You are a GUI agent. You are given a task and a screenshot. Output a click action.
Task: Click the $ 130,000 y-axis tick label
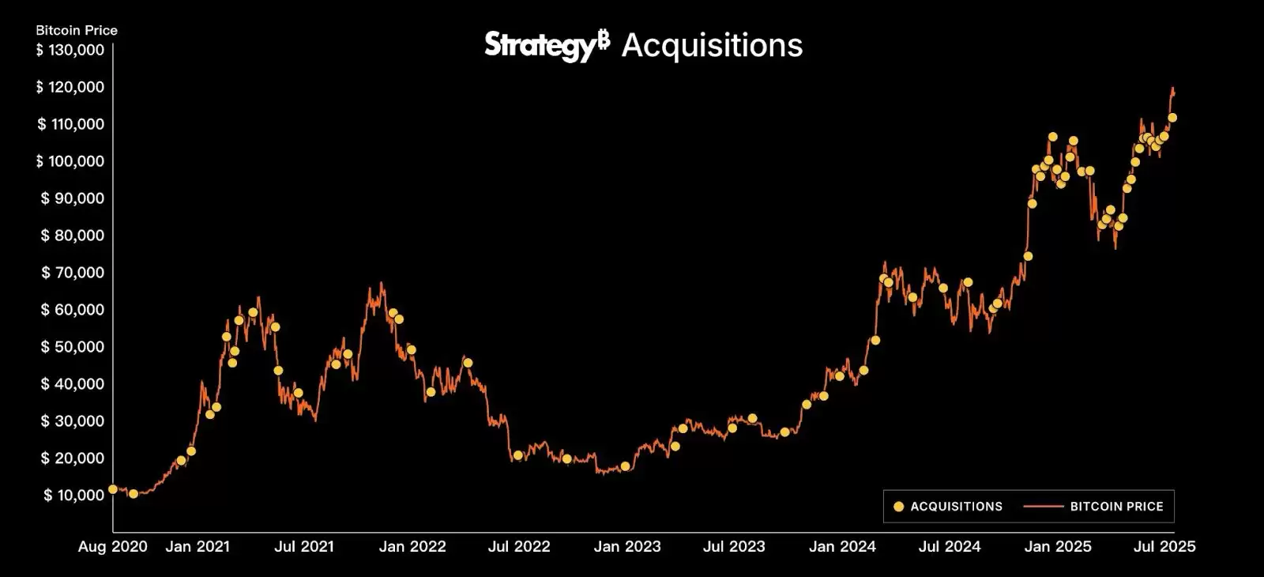[x=70, y=50]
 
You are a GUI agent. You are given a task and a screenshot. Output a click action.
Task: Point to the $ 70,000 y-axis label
[x=72, y=273]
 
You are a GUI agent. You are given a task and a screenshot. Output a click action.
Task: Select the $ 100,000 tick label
[x=70, y=161]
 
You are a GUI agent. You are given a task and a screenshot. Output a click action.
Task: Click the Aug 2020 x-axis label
[x=112, y=546]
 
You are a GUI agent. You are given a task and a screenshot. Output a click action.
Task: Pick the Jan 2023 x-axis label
[x=627, y=546]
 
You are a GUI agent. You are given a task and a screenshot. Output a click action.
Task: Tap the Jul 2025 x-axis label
[x=1164, y=546]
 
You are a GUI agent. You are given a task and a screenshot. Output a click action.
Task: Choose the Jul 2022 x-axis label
[x=519, y=546]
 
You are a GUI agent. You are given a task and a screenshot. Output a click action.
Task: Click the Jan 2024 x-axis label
[x=842, y=546]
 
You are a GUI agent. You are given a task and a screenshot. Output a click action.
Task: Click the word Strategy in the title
[x=539, y=45]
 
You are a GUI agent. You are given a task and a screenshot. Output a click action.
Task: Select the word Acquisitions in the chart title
[x=712, y=45]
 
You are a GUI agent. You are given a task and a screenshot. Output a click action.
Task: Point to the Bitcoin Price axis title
[x=77, y=30]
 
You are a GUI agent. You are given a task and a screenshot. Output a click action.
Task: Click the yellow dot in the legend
[x=898, y=507]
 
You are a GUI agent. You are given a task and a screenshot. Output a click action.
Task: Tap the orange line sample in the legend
[x=1043, y=507]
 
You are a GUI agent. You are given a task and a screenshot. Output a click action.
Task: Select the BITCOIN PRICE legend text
[x=1116, y=507]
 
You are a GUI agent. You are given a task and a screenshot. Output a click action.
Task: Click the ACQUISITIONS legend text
[x=956, y=507]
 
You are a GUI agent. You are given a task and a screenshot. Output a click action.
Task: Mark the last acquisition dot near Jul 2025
[x=1172, y=118]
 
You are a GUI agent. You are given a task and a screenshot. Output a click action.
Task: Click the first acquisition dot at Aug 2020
[x=113, y=489]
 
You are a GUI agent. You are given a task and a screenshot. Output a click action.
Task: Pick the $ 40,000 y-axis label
[x=72, y=384]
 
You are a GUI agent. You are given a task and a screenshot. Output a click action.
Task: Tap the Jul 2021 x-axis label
[x=303, y=546]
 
